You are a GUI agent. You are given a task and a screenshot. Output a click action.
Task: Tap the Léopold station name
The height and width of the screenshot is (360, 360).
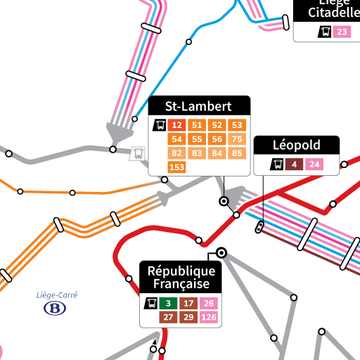pyautogui.click(x=296, y=146)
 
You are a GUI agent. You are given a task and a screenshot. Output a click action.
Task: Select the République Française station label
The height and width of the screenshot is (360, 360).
pyautogui.click(x=181, y=277)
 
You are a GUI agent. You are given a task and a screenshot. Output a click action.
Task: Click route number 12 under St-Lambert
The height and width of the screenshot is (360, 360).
pyautogui.click(x=176, y=125)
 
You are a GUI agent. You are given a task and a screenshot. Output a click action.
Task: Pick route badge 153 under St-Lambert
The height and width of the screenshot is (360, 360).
pyautogui.click(x=176, y=167)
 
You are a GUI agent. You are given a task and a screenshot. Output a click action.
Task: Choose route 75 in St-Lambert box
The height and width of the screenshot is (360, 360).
pyautogui.click(x=237, y=139)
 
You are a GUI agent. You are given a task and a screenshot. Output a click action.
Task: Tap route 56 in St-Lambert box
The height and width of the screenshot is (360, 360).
pyautogui.click(x=217, y=139)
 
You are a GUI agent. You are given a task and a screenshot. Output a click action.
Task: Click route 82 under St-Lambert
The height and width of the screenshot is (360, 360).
pyautogui.click(x=176, y=153)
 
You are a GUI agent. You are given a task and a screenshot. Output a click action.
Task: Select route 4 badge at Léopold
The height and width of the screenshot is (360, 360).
pyautogui.click(x=295, y=165)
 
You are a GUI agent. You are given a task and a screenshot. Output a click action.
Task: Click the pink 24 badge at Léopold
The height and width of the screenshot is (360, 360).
pyautogui.click(x=314, y=165)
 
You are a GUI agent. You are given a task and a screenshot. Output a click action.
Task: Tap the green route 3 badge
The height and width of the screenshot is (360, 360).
pyautogui.click(x=168, y=304)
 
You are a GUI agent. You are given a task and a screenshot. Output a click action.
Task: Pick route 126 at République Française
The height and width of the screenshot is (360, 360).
pyautogui.click(x=209, y=317)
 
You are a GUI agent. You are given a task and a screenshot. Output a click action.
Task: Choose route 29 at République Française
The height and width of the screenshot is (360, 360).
pyautogui.click(x=188, y=317)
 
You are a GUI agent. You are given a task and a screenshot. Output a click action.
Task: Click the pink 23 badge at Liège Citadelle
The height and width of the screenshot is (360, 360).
pyautogui.click(x=342, y=32)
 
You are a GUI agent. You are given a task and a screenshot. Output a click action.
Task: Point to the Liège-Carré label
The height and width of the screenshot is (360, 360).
pyautogui.click(x=56, y=295)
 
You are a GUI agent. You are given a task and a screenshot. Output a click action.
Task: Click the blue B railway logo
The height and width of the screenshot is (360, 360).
pyautogui.click(x=54, y=308)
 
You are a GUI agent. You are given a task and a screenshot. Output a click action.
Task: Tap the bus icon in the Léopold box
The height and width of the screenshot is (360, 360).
pyautogui.click(x=278, y=165)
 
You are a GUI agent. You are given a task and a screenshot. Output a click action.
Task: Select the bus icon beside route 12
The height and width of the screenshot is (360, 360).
pyautogui.click(x=160, y=126)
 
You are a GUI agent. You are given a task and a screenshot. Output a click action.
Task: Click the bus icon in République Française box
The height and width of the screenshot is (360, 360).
pyautogui.click(x=150, y=304)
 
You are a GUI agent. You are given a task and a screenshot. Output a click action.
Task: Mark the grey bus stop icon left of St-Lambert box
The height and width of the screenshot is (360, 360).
pyautogui.click(x=139, y=153)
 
